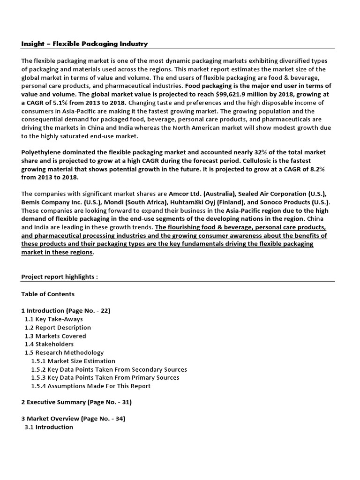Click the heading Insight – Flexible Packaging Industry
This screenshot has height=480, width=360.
coord(84,44)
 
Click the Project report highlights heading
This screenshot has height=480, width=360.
coord(60,277)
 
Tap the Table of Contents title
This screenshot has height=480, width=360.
coord(48,294)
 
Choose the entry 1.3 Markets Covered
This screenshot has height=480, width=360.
coord(55,336)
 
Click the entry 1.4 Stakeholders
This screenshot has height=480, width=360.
coord(49,345)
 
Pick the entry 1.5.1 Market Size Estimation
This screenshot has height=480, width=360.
coord(73,361)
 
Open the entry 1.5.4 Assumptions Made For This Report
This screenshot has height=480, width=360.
coord(91,386)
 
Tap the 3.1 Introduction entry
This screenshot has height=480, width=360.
coord(49,427)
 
